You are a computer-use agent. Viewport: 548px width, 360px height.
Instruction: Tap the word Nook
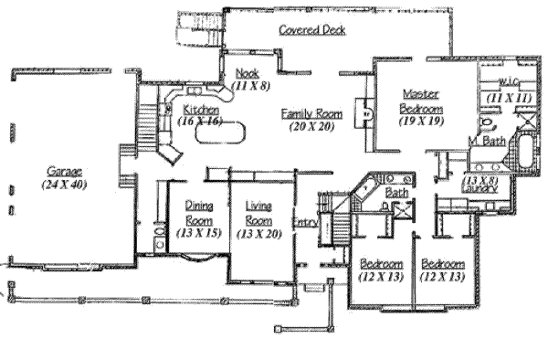(x=245, y=73)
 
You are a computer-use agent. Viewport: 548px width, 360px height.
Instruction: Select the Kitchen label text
(x=200, y=109)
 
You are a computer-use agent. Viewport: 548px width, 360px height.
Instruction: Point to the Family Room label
(x=311, y=113)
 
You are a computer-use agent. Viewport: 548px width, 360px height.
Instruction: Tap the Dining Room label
(x=199, y=212)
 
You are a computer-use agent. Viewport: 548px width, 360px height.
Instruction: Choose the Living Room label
(x=260, y=212)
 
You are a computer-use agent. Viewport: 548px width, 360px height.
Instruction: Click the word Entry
(x=304, y=223)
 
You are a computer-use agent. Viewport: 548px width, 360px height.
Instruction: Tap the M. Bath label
(x=486, y=142)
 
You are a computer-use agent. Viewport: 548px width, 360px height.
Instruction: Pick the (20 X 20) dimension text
(x=311, y=126)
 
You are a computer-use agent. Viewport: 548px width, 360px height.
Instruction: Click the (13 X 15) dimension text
(x=199, y=234)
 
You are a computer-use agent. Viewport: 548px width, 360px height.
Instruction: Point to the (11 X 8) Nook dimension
(x=247, y=85)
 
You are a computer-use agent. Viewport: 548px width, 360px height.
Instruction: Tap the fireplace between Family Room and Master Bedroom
(x=366, y=115)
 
